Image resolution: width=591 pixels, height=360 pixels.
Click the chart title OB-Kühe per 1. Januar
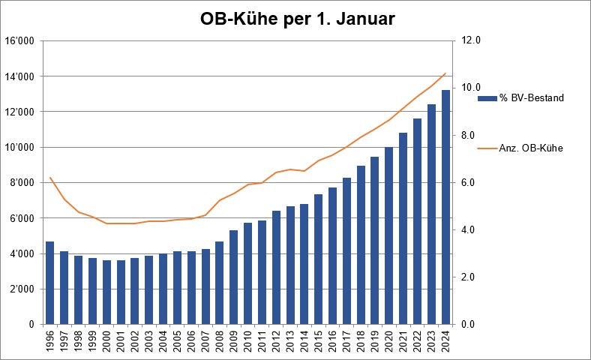tap(297, 19)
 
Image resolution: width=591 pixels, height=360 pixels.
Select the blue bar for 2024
tap(445, 207)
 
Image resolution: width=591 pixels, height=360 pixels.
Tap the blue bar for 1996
tap(49, 283)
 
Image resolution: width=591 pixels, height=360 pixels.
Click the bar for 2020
tap(388, 235)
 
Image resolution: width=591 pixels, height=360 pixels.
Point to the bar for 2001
tap(121, 292)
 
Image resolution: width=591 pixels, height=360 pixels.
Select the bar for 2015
tap(318, 259)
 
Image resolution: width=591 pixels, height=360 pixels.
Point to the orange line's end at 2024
tap(445, 73)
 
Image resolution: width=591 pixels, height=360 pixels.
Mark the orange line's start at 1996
tap(49, 178)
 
